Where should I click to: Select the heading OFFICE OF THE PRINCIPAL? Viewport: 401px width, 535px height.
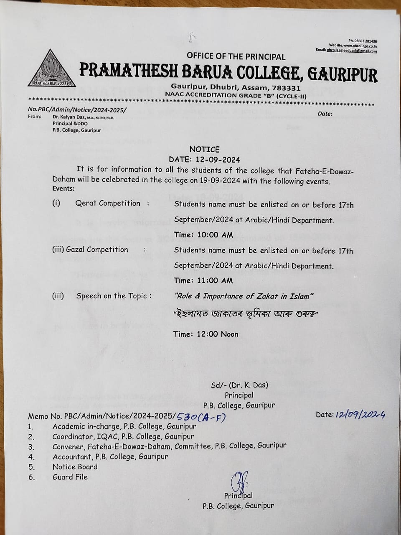click(x=236, y=56)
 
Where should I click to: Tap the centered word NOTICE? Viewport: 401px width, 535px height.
click(x=204, y=149)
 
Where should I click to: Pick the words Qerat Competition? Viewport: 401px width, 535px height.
click(x=108, y=203)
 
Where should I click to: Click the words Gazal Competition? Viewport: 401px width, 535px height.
click(x=102, y=250)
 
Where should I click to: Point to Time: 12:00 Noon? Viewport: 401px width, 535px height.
click(x=206, y=334)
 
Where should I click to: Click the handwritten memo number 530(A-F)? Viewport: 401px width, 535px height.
click(x=201, y=416)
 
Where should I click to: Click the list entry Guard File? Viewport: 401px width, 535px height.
click(x=70, y=477)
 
